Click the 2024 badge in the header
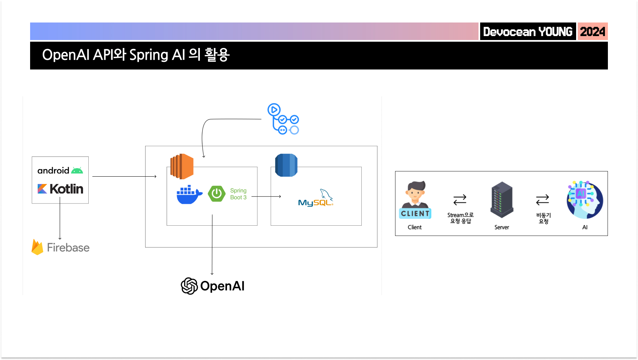(x=592, y=31)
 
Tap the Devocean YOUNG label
(x=528, y=31)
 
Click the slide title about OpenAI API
(x=136, y=55)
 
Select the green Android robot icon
(x=77, y=170)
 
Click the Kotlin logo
(x=60, y=189)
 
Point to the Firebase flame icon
(x=37, y=247)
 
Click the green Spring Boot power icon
(x=217, y=194)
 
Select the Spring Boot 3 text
(x=238, y=194)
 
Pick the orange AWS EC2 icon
(x=182, y=166)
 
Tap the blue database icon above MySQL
(x=286, y=165)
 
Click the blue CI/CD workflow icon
(x=283, y=119)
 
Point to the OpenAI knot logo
(x=189, y=286)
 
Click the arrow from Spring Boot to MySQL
(x=266, y=197)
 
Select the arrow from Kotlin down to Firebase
(x=60, y=218)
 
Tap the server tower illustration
(x=502, y=200)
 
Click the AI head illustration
(x=585, y=200)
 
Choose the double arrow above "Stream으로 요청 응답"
(x=460, y=200)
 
